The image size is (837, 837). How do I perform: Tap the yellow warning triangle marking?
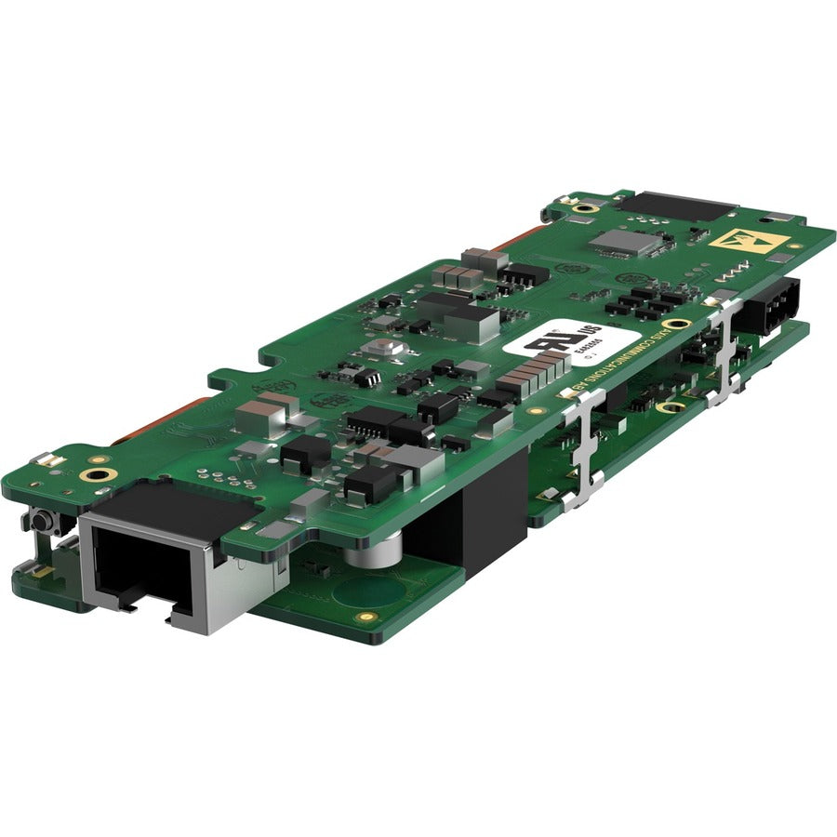click(x=745, y=240)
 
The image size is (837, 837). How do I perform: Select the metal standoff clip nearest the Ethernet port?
click(x=585, y=446)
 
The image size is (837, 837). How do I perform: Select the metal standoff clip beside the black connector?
click(x=724, y=353)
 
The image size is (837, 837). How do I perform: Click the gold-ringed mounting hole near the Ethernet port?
click(x=96, y=475)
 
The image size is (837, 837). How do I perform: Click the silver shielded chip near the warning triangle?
click(x=622, y=243)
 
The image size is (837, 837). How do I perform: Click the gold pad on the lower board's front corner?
click(x=367, y=617)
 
